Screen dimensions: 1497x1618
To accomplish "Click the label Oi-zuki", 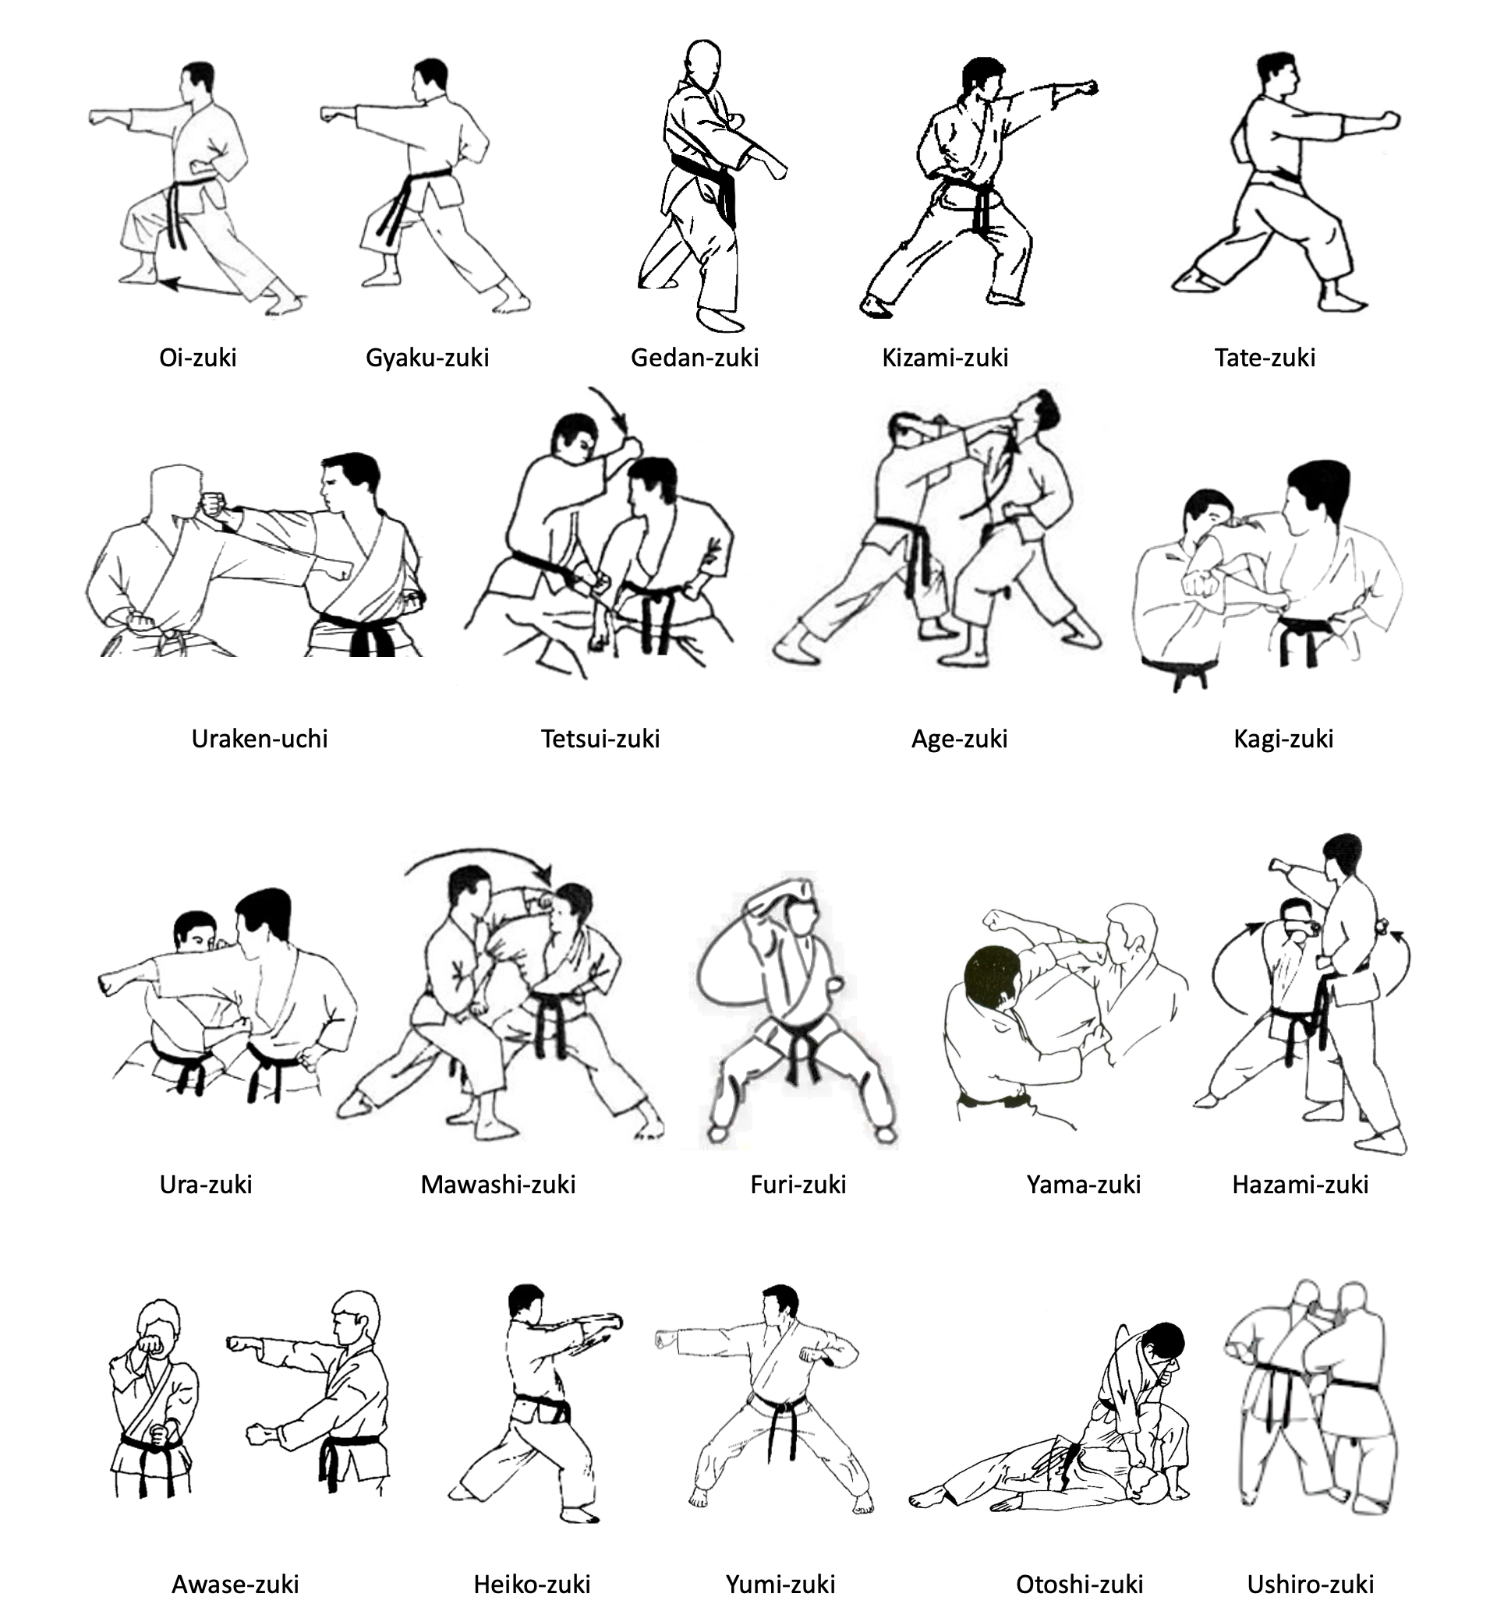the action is point(198,357).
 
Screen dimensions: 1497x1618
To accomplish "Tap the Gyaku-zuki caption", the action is point(427,357).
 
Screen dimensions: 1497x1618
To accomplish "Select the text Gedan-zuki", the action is point(694,357).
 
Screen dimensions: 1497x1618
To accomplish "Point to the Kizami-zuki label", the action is point(944,357).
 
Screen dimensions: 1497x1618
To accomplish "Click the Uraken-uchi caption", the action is point(259,739).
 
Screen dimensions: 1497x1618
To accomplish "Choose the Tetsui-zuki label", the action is point(600,739).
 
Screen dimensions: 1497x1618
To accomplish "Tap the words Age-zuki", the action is point(959,740).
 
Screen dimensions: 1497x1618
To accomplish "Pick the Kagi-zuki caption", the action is point(1283,740).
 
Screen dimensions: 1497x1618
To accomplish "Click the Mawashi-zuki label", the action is point(497,1185).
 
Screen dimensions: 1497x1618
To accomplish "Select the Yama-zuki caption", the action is point(1083,1185).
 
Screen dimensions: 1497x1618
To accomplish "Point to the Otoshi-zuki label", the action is point(1079,1584).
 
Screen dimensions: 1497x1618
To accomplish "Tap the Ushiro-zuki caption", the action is point(1310,1584).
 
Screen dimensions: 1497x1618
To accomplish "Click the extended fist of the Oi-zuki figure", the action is point(100,117).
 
